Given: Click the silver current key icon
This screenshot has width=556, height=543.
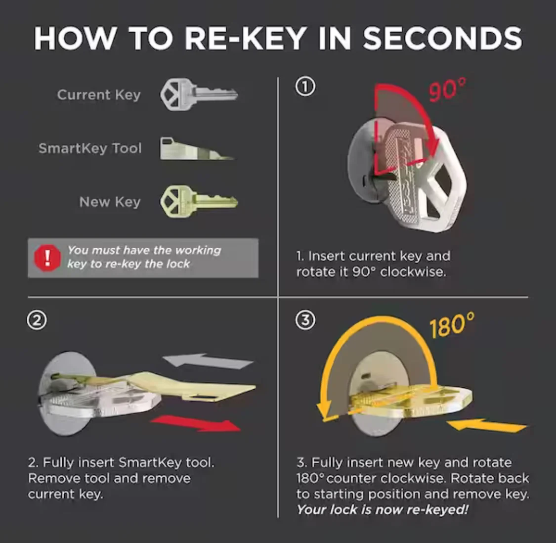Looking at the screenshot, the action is tap(199, 94).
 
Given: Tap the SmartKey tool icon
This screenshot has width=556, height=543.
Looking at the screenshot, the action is tap(196, 148).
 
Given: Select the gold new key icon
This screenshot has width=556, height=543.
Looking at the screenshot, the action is tap(199, 201).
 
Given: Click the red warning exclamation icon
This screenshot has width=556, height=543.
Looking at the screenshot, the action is tap(47, 258).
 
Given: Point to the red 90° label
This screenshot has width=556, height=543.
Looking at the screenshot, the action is tap(447, 90).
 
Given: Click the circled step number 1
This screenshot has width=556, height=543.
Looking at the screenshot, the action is tap(305, 87).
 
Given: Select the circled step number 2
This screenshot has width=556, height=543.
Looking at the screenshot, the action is tap(37, 320).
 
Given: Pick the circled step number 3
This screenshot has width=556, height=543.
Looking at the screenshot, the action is tap(305, 320).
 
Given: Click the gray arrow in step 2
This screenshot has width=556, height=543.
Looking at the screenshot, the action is tap(208, 362).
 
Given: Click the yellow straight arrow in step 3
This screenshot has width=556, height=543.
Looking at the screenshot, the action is tap(486, 426).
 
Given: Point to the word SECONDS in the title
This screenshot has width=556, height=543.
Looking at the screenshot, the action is tap(442, 39).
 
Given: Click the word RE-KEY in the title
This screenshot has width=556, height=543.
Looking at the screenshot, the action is tap(246, 39).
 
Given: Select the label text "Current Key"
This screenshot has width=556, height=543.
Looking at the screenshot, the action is tap(99, 95).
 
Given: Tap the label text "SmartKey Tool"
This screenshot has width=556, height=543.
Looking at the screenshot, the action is tap(90, 148).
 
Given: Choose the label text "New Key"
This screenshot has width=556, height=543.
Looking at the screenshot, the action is tap(110, 202).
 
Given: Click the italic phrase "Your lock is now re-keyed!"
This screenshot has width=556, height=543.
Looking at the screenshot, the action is tap(383, 510).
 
